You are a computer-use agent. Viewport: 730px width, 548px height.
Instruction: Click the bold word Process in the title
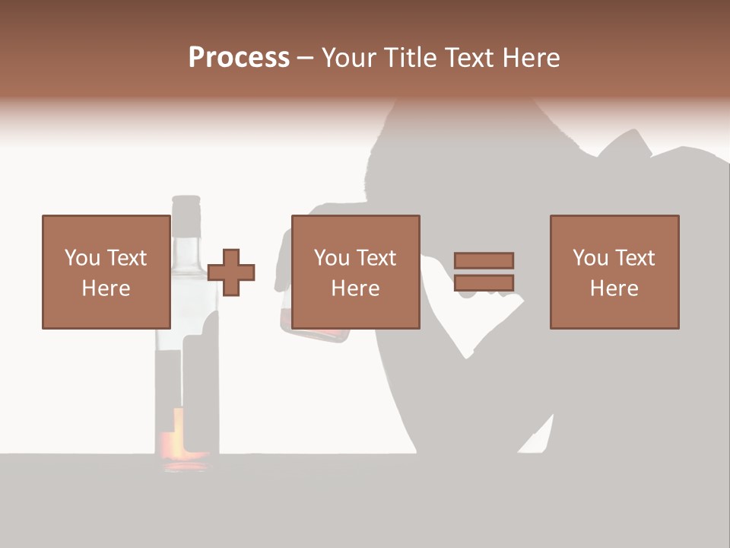point(239,58)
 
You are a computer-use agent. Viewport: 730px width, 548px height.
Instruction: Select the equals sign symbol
point(484,272)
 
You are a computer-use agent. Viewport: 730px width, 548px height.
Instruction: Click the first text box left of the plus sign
point(106,272)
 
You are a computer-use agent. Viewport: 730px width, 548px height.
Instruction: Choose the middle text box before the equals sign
point(355,272)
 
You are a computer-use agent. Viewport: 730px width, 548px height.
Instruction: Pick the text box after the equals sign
point(614,272)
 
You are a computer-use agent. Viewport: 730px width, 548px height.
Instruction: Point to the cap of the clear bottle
point(186,206)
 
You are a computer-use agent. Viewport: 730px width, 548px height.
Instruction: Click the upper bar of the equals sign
point(484,260)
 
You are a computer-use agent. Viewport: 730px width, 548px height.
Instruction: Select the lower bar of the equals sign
point(484,283)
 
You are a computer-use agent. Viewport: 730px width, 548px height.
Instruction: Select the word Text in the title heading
point(468,58)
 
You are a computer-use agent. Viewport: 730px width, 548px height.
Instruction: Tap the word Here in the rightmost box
point(614,288)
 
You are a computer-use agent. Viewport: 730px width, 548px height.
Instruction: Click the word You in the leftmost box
point(81,258)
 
